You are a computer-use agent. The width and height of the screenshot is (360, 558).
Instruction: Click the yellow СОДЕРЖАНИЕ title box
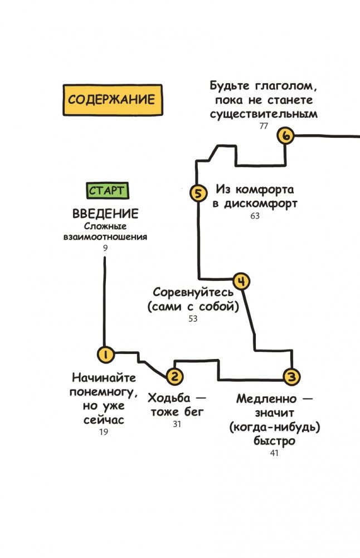111,100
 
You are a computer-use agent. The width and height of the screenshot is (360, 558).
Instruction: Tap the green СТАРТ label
107,191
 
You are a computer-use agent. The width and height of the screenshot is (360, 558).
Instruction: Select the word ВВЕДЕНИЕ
105,214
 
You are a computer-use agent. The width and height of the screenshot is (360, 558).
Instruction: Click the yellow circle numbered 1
105,353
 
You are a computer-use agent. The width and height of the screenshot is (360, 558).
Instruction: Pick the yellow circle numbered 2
174,377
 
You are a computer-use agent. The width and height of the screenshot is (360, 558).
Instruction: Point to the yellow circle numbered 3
290,377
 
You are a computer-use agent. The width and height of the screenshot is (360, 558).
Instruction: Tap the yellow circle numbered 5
198,193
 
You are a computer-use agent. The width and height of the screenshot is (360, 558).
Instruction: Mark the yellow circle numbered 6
286,136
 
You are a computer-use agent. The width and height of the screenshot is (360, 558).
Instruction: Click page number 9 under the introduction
105,246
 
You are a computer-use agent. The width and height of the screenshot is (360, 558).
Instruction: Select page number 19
104,432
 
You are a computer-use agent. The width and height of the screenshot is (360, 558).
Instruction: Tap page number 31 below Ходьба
177,424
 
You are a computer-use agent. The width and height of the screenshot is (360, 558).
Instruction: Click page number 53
193,319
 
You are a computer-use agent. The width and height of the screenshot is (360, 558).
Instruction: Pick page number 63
255,216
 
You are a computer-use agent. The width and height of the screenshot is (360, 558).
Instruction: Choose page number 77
264,126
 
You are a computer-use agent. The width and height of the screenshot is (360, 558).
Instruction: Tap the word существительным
264,114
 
